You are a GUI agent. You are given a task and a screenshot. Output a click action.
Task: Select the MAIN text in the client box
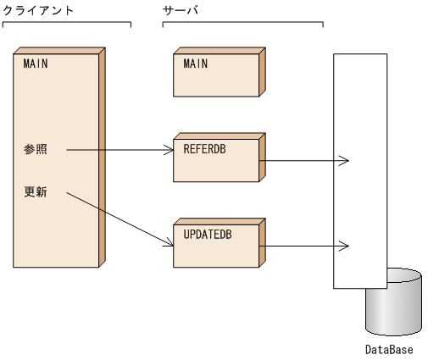[x=35, y=64]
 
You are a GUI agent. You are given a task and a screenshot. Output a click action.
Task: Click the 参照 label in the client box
[x=36, y=150]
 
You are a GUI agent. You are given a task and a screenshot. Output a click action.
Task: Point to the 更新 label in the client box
[x=36, y=192]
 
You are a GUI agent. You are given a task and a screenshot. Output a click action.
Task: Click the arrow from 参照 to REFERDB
[x=119, y=151]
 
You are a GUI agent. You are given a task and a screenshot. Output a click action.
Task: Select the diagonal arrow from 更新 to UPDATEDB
[x=119, y=219]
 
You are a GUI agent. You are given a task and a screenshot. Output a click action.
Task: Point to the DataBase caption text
[x=389, y=349]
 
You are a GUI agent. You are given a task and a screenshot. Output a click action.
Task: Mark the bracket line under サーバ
[x=242, y=22]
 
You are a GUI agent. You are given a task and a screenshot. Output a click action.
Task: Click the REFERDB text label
[x=206, y=148]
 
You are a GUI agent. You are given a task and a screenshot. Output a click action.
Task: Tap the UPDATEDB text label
[x=208, y=234]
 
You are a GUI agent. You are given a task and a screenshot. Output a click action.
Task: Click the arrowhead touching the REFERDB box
[x=168, y=151]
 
